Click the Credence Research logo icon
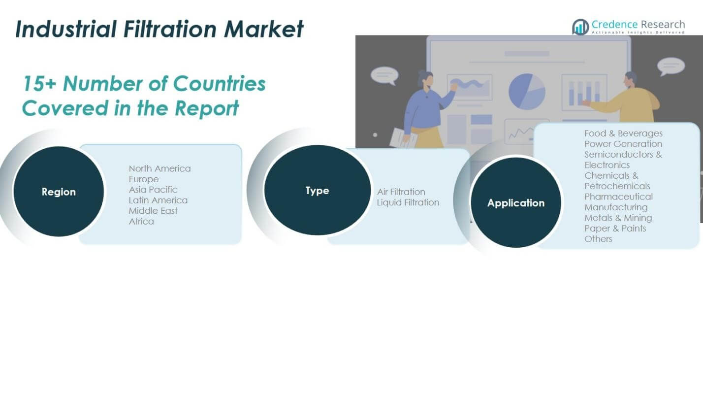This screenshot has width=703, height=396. coord(580,27)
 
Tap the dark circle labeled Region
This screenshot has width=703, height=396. coord(59,192)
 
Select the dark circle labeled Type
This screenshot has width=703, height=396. coord(317,190)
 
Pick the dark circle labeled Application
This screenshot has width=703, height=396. coord(515,202)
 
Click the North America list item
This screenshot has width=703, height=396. coord(160,168)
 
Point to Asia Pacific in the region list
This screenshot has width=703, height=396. coord(153,190)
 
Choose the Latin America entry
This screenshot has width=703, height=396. coord(158,200)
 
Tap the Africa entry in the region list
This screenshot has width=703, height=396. coord(141,221)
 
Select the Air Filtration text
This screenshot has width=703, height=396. coord(401,192)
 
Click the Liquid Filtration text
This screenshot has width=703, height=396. coord(408,202)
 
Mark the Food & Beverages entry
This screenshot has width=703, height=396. coord(623,133)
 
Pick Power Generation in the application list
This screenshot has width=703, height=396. coord(623,144)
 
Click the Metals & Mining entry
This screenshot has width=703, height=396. coord(618,218)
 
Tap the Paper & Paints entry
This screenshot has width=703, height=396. coord(615,228)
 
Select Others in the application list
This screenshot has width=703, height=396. coord(598,239)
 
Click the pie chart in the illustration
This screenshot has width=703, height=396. coord(527,92)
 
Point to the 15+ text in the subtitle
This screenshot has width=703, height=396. coord(40,84)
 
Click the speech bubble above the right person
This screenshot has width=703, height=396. coord(671,66)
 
